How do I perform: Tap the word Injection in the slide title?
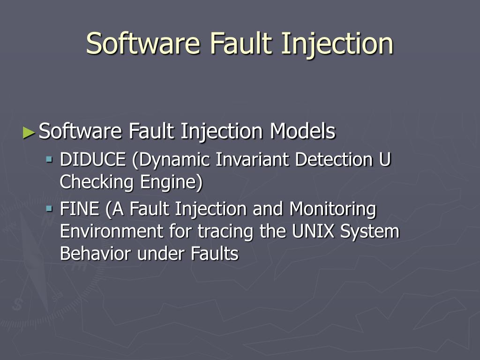pos(337,44)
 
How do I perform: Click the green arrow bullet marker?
pos(29,133)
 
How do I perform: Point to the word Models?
pos(302,131)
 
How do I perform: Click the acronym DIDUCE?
pos(93,160)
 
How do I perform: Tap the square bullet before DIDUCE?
pos(49,159)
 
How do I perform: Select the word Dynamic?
pos(171,160)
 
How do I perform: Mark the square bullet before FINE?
pos(49,208)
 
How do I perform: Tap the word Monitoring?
pos(332,209)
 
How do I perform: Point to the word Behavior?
pos(96,254)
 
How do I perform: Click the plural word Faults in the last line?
pos(215,254)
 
